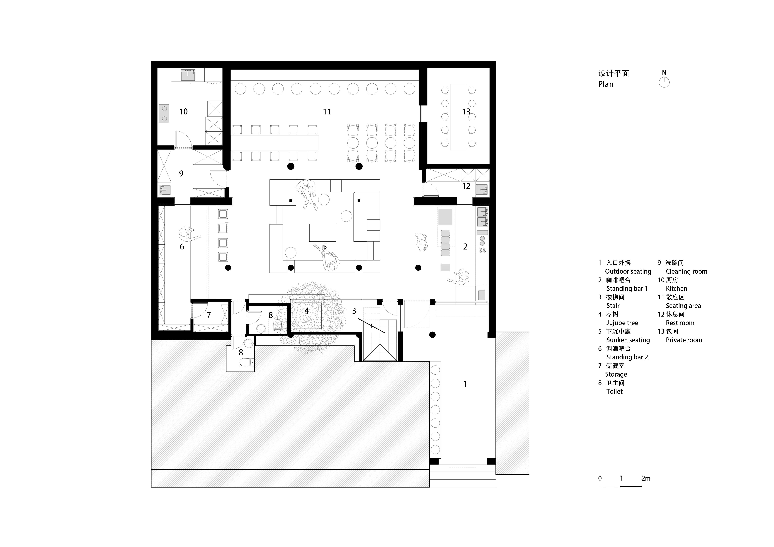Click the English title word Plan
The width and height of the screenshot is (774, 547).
tap(606, 84)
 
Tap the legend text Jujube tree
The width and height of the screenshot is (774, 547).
tap(622, 323)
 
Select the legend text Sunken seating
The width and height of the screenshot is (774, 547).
tap(628, 340)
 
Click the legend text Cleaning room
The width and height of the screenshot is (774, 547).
tap(686, 271)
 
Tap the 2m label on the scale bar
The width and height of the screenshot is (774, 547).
tap(646, 478)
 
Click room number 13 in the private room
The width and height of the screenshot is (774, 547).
tap(466, 111)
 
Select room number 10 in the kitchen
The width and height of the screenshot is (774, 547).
tap(183, 111)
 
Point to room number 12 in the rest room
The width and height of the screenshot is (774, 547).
tap(466, 186)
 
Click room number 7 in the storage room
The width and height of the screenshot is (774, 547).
tap(209, 315)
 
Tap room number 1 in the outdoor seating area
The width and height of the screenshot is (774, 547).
tap(465, 384)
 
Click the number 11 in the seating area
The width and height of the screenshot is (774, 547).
tap(327, 111)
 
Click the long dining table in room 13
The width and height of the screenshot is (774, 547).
tap(458, 117)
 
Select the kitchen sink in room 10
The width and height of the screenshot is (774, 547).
tap(188, 75)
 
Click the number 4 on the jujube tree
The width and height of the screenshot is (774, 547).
tap(306, 311)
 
